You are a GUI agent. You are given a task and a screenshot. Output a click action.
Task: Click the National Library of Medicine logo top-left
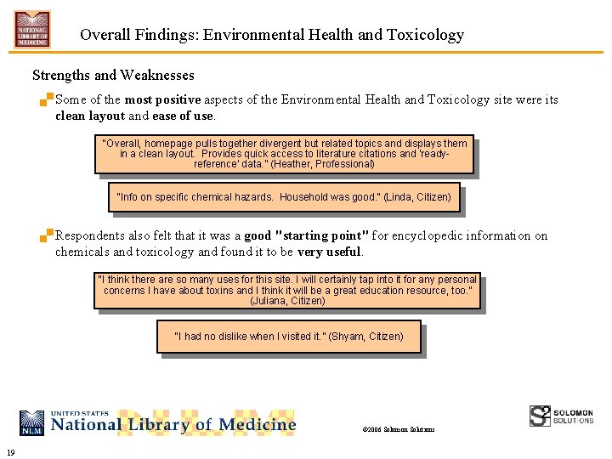coord(32,29)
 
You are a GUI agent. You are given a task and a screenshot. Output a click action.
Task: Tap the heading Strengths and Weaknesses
coord(113,76)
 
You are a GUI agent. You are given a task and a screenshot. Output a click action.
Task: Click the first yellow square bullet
coord(48,99)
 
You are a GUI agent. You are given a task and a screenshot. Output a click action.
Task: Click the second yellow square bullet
coord(48,235)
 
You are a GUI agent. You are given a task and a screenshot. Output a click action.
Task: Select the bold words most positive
coord(162,99)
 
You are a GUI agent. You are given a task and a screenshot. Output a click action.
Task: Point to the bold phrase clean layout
coord(89,116)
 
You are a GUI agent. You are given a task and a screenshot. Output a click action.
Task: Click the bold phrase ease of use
coord(183,116)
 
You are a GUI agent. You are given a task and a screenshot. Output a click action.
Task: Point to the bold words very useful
coord(329,252)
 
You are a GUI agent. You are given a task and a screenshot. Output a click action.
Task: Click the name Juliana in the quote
coord(269,301)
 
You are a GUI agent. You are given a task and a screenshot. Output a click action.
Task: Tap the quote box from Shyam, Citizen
coord(288,337)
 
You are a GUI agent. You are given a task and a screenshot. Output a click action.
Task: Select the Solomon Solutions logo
coord(561,416)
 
